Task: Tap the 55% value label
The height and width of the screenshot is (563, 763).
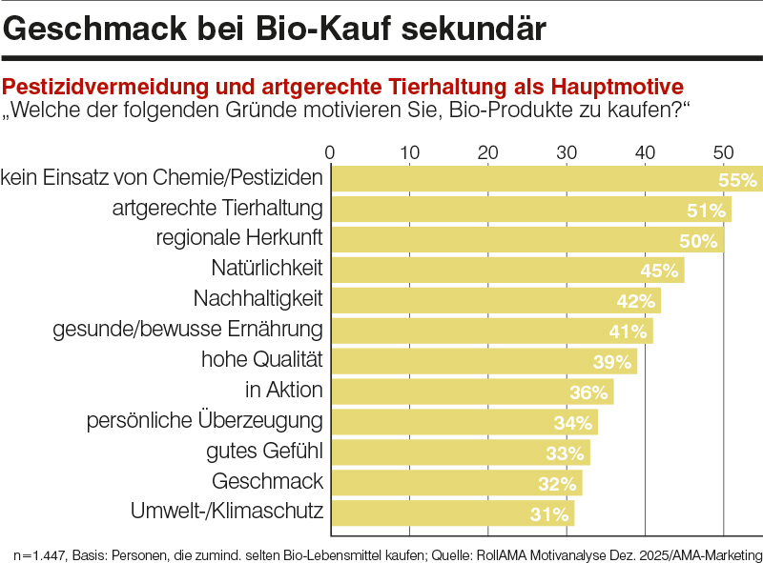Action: (737, 180)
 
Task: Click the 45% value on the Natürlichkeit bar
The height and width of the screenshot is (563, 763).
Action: (659, 271)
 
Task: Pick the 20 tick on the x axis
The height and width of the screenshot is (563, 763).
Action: (487, 151)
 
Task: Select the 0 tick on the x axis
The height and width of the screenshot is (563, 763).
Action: (330, 151)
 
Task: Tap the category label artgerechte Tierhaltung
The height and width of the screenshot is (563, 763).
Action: (217, 208)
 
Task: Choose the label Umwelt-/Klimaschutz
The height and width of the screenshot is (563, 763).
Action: (227, 512)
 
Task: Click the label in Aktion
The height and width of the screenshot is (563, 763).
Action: (284, 390)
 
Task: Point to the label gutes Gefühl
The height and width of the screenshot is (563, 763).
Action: (264, 451)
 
